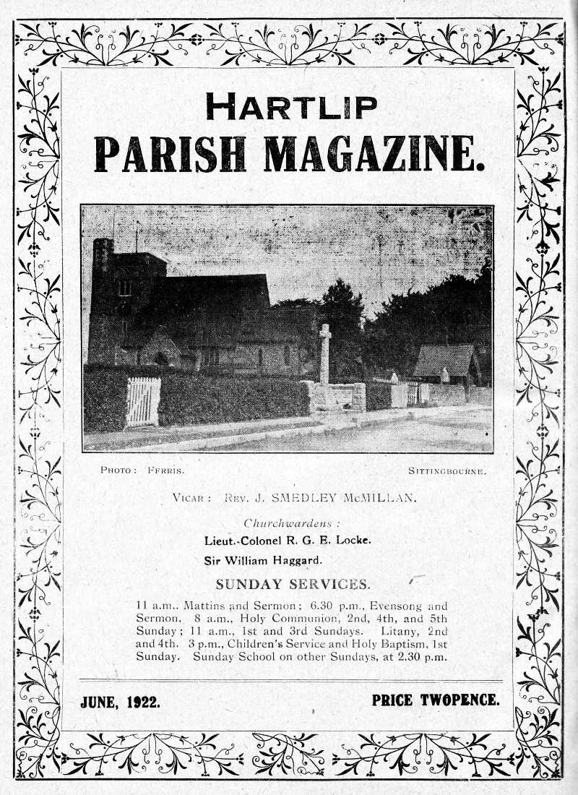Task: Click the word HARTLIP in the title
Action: click(x=290, y=107)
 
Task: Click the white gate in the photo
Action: click(x=142, y=401)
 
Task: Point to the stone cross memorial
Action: click(x=325, y=354)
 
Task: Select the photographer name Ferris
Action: click(x=165, y=470)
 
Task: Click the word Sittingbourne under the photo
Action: click(x=447, y=470)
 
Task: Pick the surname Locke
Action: click(x=350, y=541)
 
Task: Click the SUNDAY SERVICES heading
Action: click(x=293, y=585)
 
